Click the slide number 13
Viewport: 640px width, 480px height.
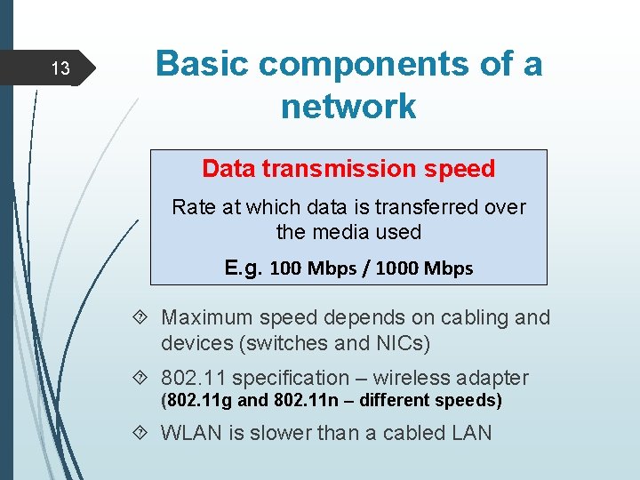[60, 68]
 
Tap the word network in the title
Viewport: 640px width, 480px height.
[348, 106]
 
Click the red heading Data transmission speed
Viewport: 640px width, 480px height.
[348, 168]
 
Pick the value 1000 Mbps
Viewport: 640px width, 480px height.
[424, 268]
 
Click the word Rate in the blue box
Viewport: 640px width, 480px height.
[192, 207]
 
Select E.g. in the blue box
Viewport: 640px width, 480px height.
[244, 267]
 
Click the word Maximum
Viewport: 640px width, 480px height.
[207, 317]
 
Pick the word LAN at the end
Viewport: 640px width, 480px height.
[470, 433]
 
